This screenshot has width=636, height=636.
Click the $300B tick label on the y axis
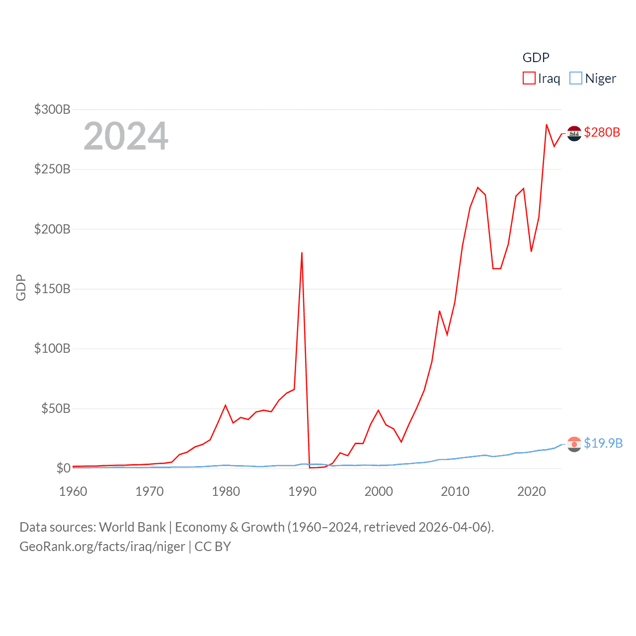52,109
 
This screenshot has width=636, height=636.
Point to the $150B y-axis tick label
52,289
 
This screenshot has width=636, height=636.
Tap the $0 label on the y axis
63,468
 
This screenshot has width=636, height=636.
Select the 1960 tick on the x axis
73,491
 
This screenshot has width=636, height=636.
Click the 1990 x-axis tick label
302,491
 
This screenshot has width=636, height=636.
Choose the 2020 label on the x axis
531,491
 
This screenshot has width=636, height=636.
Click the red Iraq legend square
529,78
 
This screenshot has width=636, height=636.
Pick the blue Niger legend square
575,78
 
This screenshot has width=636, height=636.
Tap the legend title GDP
536,58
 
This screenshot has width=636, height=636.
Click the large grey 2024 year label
126,136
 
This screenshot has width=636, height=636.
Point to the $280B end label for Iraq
602,132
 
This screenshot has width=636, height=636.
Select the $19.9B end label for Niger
603,443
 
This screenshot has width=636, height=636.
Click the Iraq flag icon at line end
574,133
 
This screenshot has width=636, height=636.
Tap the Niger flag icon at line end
574,444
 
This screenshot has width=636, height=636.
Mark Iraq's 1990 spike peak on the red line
302,253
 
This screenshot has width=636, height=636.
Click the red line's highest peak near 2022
547,125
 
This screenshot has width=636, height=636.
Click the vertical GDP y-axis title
21,287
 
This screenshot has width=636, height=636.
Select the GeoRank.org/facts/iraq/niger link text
102,547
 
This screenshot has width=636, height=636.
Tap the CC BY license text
213,547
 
